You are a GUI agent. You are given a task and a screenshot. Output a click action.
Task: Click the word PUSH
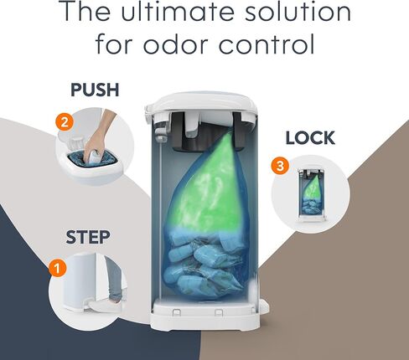[95, 90]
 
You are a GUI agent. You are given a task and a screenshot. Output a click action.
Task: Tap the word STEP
[88, 237]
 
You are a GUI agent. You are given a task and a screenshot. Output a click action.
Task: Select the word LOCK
[310, 138]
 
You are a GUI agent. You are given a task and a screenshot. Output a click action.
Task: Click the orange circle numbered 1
[58, 269]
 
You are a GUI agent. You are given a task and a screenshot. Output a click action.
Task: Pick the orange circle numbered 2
[65, 122]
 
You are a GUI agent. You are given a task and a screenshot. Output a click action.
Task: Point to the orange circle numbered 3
[280, 166]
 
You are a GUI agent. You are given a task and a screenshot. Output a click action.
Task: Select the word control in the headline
[267, 44]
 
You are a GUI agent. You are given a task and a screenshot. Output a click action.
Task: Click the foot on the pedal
[115, 299]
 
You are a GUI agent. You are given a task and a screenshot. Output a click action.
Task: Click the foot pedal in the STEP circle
[101, 305]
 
